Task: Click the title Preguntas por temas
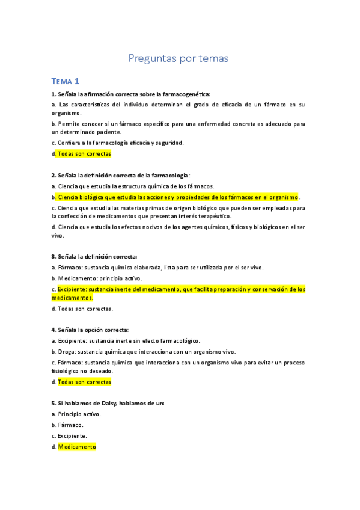(178, 58)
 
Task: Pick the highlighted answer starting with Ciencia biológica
(178, 197)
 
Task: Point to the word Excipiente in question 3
(72, 289)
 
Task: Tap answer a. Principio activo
(79, 414)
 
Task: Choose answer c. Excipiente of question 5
(72, 436)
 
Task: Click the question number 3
(54, 256)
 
